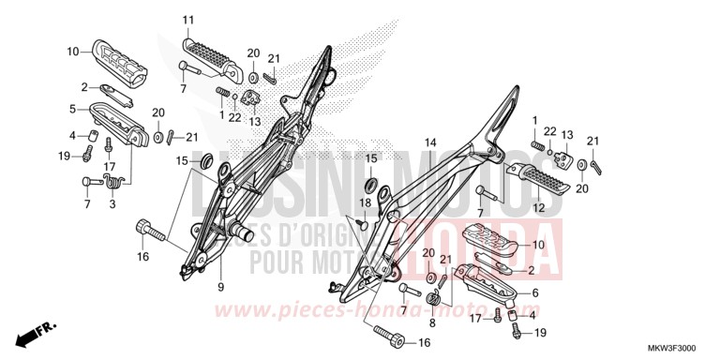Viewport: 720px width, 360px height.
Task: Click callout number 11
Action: pyautogui.click(x=187, y=20)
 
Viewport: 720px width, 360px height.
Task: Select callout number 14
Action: pyautogui.click(x=430, y=143)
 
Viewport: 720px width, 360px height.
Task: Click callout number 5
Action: pyautogui.click(x=72, y=109)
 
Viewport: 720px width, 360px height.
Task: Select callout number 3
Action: pyautogui.click(x=112, y=204)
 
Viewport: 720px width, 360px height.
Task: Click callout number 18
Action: pyautogui.click(x=366, y=202)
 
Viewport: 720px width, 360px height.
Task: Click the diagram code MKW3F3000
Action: pyautogui.click(x=673, y=348)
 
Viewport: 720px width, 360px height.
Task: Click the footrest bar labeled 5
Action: pyautogui.click(x=119, y=123)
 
